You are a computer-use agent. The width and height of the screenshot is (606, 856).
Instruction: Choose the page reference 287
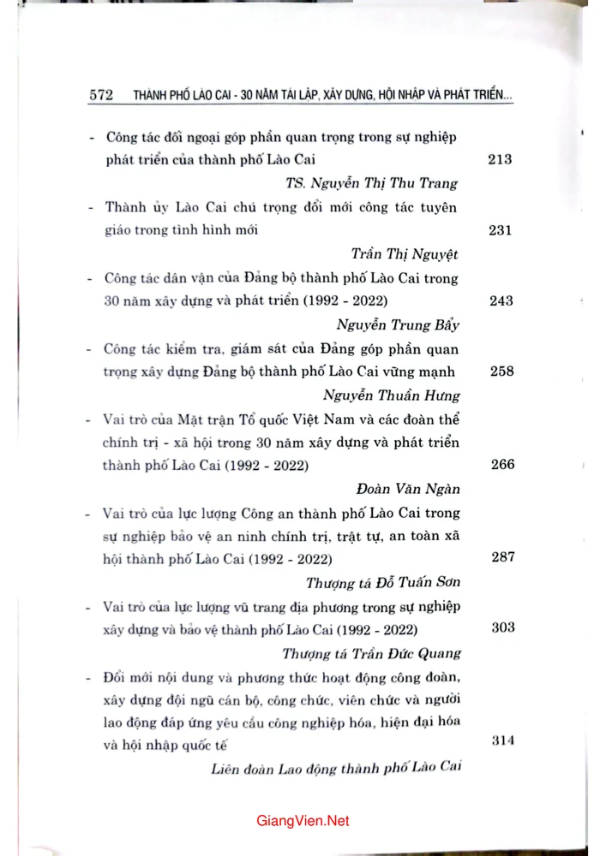tap(502, 557)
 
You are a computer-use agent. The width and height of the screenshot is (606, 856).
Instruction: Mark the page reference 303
tap(503, 627)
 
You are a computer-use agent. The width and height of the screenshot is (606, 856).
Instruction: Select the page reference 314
tap(503, 741)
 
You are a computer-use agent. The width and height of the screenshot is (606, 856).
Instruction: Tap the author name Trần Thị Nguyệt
tap(405, 253)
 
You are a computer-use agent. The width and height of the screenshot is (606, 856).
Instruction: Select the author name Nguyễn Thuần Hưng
tap(392, 395)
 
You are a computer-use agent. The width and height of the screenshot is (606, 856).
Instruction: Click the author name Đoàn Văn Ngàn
tap(407, 489)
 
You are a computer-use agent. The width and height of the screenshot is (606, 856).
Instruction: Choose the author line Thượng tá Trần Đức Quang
tap(372, 653)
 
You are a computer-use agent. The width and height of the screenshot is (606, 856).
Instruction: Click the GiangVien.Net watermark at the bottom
tap(303, 821)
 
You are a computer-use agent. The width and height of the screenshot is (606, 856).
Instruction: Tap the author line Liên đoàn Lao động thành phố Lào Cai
tap(336, 767)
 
